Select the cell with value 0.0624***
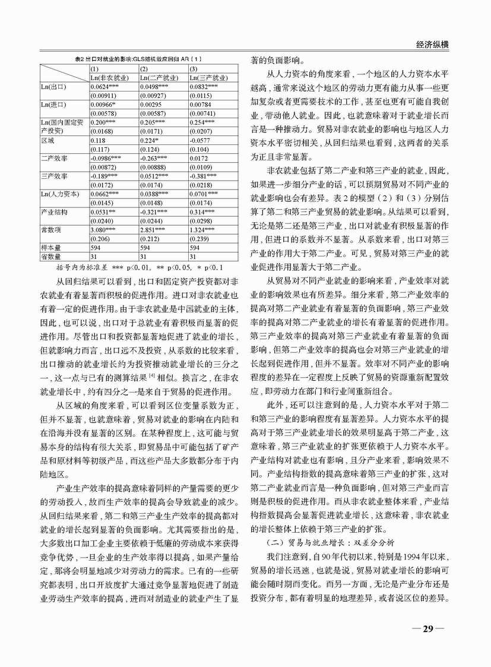[x=104, y=87]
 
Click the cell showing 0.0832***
[x=204, y=87]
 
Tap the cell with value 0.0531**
[x=103, y=211]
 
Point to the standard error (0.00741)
[x=205, y=113]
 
